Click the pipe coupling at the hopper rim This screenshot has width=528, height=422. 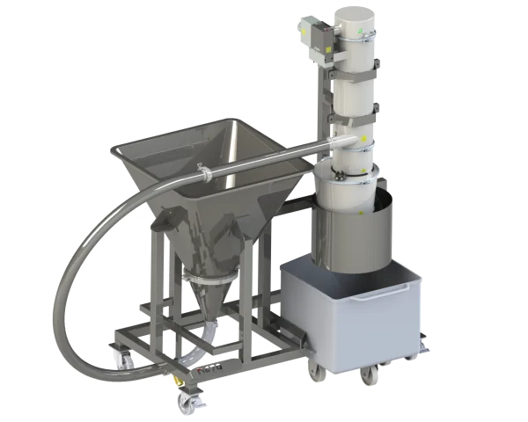pyautogui.click(x=202, y=171)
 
